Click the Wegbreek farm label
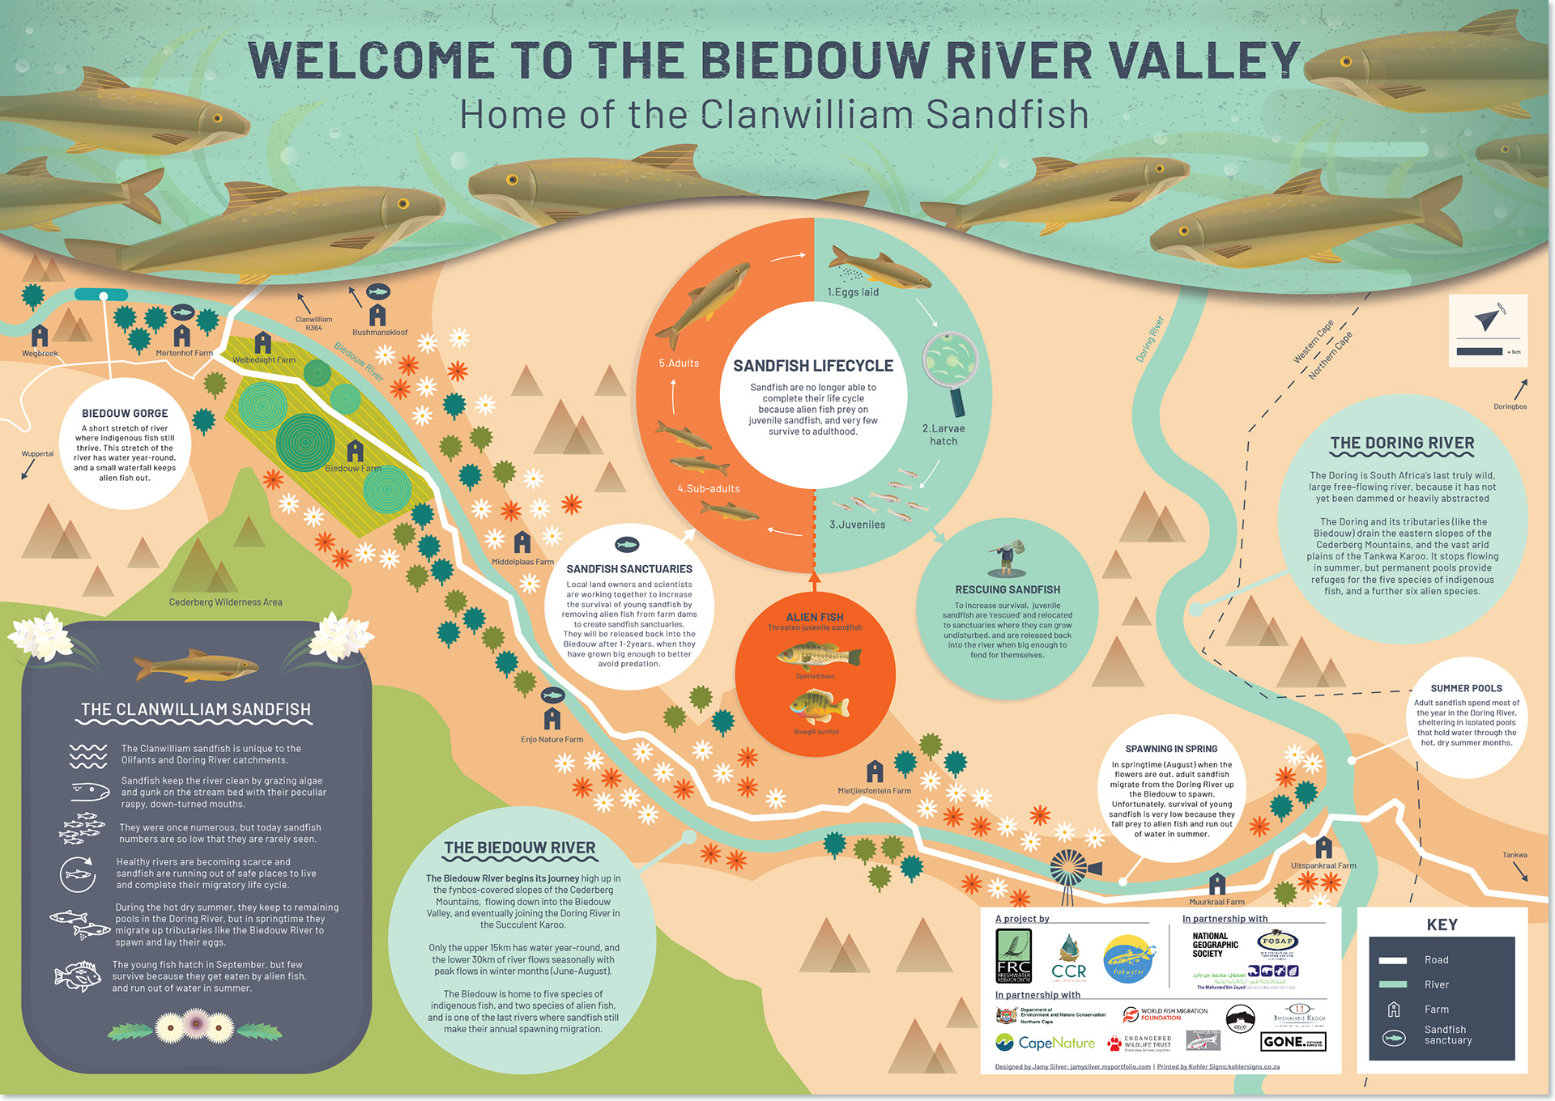tap(40, 354)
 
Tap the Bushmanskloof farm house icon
tap(377, 314)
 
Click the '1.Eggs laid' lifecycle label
tap(853, 292)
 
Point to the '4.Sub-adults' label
tap(709, 489)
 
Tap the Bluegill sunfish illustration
tap(817, 707)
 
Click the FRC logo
tap(1013, 956)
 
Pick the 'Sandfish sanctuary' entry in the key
tap(1447, 1035)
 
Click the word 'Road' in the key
tap(1436, 960)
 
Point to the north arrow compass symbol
tap(1486, 321)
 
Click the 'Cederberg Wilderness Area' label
tap(225, 602)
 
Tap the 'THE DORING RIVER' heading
tap(1402, 444)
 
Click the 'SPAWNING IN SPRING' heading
tap(1171, 749)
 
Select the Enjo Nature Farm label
tap(552, 740)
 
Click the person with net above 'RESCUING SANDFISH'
tap(1007, 558)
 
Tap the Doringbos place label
tap(1510, 406)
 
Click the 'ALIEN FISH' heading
tap(814, 617)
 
